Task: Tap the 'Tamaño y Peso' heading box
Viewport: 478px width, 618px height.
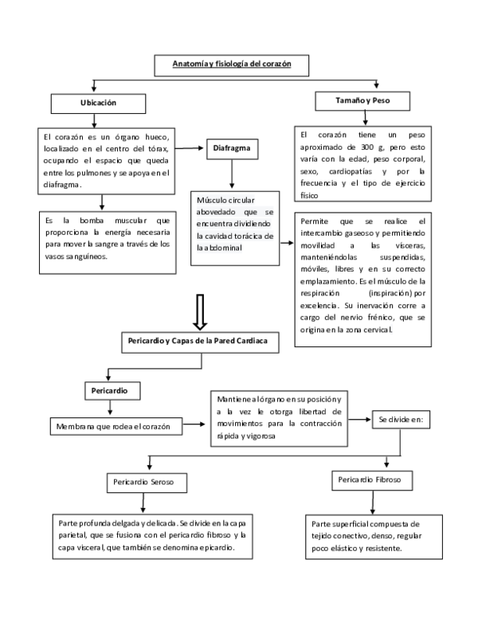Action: (362, 100)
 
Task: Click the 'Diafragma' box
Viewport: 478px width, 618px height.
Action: (231, 148)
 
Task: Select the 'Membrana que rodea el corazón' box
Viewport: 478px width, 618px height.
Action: (115, 427)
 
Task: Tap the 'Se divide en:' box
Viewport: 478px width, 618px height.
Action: (400, 418)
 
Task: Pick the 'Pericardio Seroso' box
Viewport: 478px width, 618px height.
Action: (146, 483)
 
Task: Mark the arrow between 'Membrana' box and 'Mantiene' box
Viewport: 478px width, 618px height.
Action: (194, 427)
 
